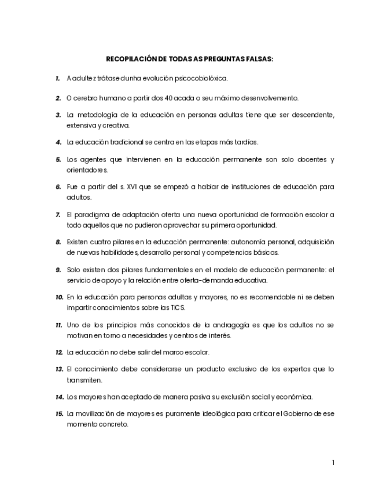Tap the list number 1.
[x=58, y=78]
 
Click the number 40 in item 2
[x=153, y=98]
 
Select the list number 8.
[x=58, y=242]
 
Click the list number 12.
[x=59, y=352]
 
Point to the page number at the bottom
[x=333, y=462]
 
